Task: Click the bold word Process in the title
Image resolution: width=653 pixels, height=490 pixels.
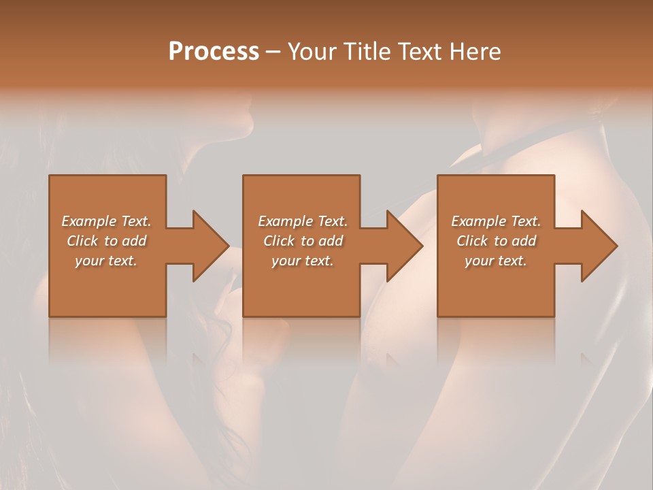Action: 214,52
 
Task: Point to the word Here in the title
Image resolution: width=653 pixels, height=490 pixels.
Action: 475,52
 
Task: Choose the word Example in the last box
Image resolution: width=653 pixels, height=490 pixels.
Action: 478,221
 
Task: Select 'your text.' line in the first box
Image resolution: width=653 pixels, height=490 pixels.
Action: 106,261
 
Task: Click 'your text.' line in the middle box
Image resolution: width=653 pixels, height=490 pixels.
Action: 302,261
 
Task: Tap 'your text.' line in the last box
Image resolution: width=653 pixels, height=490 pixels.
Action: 496,261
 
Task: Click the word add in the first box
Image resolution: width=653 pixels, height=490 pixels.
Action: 135,241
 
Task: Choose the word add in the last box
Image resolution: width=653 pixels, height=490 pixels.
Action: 524,241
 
